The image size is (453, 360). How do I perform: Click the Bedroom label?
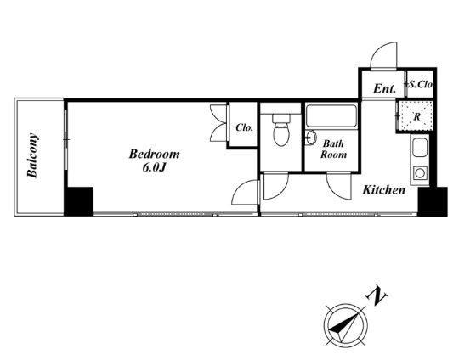pyautogui.click(x=154, y=154)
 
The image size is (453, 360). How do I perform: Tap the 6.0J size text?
pyautogui.click(x=154, y=167)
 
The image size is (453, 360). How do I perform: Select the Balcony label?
pyautogui.click(x=32, y=155)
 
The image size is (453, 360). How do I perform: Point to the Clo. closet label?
pyautogui.click(x=245, y=127)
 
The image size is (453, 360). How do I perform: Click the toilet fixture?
pyautogui.click(x=281, y=130)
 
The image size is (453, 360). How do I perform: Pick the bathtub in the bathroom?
pyautogui.click(x=331, y=116)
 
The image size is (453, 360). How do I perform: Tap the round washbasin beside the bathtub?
pyautogui.click(x=311, y=138)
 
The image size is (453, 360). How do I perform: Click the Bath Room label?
pyautogui.click(x=333, y=149)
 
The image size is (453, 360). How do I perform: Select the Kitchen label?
pyautogui.click(x=384, y=190)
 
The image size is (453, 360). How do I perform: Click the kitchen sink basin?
pyautogui.click(x=420, y=147)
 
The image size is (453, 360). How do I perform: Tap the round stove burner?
pyautogui.click(x=420, y=173)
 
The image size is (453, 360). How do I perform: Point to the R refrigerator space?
pyautogui.click(x=416, y=117)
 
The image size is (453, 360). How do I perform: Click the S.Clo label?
pyautogui.click(x=420, y=84)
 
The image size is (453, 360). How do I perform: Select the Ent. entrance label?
pyautogui.click(x=384, y=88)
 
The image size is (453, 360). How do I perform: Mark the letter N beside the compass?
pyautogui.click(x=377, y=295)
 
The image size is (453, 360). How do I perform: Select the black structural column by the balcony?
pyautogui.click(x=79, y=201)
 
